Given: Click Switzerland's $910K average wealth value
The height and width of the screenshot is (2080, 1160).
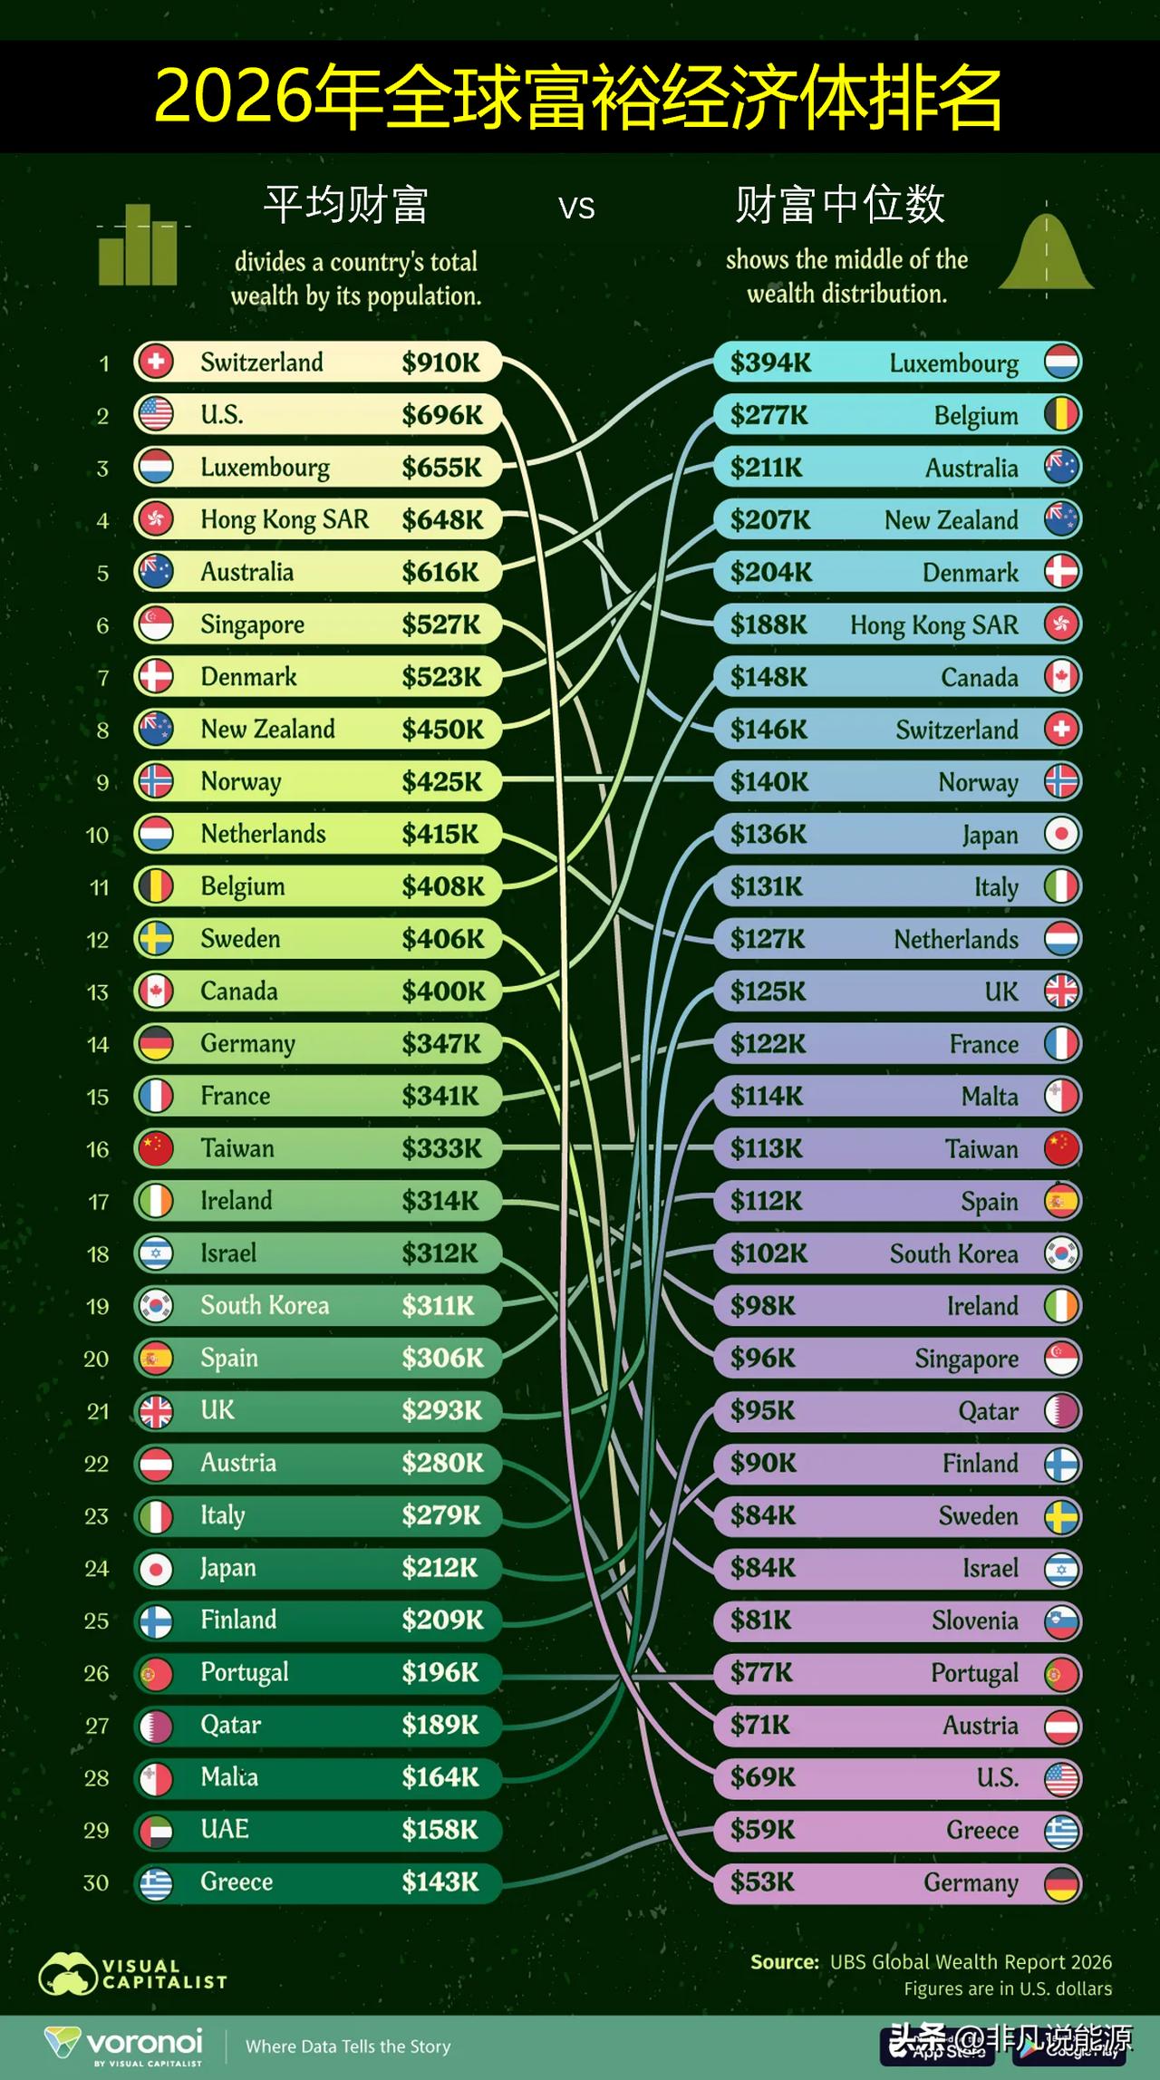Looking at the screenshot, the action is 441,363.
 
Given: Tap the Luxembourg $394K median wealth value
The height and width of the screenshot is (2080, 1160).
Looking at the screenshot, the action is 770,363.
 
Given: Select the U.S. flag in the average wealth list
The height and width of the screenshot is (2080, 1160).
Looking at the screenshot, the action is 156,414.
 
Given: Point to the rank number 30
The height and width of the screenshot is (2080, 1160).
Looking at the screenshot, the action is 96,1882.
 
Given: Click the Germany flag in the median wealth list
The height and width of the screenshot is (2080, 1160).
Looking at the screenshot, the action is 1061,1883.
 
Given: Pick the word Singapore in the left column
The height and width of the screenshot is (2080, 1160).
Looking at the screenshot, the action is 252,625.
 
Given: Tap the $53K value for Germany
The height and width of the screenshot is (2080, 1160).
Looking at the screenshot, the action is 762,1882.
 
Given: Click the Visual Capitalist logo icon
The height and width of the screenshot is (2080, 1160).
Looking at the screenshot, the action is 67,1974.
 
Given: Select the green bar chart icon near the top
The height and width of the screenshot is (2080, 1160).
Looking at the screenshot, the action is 139,245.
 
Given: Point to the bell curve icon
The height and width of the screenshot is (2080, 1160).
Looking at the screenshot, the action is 1047,254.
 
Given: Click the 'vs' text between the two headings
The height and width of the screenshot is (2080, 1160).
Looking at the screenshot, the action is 576,208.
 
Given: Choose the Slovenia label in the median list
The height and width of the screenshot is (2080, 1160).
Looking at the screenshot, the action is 975,1620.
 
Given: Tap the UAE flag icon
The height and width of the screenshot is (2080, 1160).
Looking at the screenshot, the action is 156,1830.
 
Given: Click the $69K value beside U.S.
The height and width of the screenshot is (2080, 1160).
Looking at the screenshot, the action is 763,1777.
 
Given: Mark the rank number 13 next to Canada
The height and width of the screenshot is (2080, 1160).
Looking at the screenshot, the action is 97,992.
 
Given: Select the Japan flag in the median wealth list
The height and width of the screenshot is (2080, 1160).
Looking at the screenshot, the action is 1061,834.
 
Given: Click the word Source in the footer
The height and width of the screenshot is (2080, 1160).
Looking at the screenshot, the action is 785,1962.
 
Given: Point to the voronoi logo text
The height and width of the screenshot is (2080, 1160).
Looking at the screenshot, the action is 144,2042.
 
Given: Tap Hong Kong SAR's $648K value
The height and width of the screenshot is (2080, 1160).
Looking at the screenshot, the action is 442,520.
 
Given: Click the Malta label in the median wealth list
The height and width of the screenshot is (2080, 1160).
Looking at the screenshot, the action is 990,1097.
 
